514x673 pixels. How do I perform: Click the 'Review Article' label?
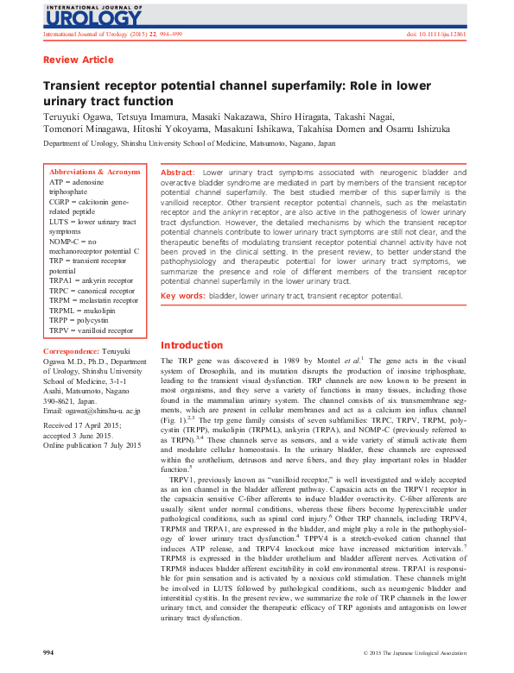pos(78,60)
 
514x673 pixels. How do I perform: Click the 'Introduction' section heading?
pos(192,345)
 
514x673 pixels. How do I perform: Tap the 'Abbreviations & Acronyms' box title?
pos(95,173)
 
